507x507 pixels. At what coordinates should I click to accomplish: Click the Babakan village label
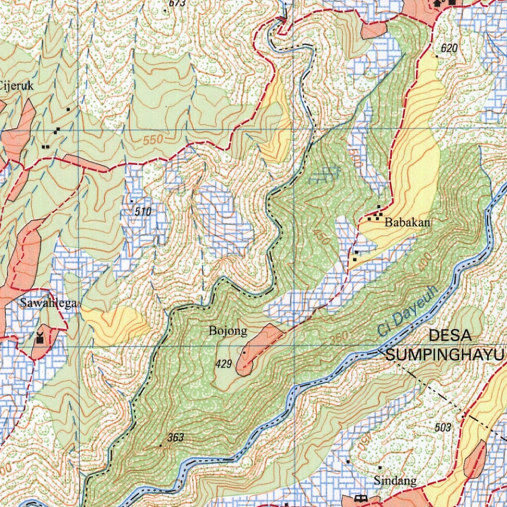407,223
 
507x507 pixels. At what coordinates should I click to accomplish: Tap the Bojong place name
228,331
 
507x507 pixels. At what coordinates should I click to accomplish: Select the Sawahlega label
48,303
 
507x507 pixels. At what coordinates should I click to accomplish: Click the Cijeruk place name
16,85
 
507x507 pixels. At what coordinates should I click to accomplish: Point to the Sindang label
395,480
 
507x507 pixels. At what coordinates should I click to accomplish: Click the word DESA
450,335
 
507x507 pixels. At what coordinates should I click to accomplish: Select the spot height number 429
224,364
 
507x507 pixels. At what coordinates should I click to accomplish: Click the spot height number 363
175,437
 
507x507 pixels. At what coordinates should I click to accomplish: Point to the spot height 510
142,212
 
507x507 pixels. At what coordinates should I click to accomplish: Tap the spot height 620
449,48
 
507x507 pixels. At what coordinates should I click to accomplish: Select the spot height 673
177,3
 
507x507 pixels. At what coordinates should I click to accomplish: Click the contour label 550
153,141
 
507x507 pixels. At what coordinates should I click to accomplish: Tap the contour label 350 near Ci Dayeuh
340,337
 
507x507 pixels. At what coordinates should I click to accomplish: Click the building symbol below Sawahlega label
40,339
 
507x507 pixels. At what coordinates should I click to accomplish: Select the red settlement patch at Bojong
257,348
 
